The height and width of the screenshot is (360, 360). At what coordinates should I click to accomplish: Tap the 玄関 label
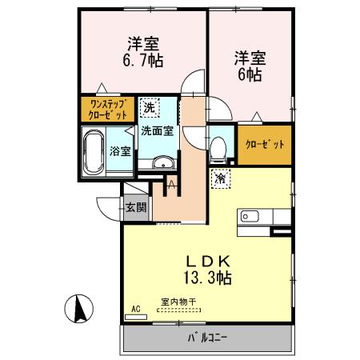pyautogui.click(x=135, y=207)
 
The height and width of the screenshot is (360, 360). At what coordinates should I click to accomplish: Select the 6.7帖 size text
pyautogui.click(x=144, y=60)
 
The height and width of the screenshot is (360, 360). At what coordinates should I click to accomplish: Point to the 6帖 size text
pyautogui.click(x=249, y=74)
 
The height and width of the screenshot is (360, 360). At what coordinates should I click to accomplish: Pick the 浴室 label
pyautogui.click(x=121, y=150)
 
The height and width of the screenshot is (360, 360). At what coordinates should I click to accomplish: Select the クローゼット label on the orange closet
pyautogui.click(x=264, y=146)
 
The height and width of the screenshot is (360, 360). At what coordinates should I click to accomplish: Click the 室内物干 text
pyautogui.click(x=178, y=301)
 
